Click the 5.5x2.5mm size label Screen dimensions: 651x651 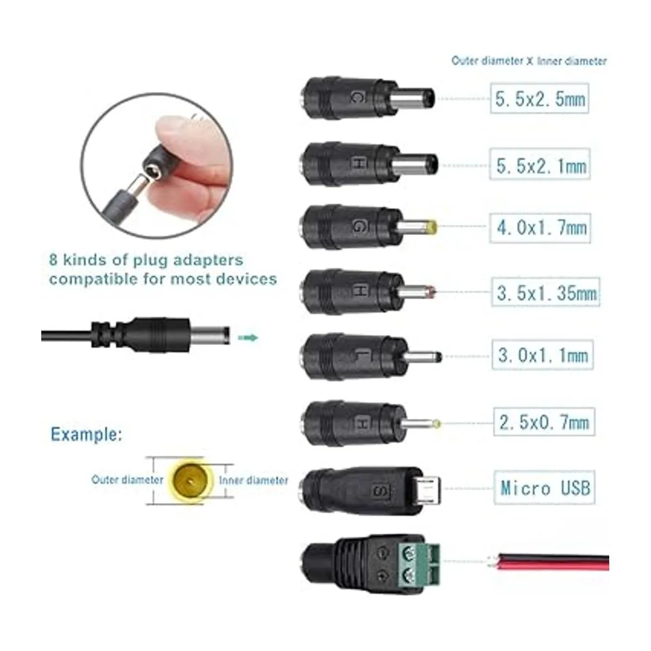tap(539, 98)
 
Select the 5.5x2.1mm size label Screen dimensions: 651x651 tap(540, 164)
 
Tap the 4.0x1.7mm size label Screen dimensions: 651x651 tap(540, 228)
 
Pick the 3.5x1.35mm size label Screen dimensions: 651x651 tap(546, 292)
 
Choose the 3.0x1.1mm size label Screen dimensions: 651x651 tap(542, 355)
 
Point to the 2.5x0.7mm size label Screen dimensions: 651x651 tap(544, 422)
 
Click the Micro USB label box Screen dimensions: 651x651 tap(544, 488)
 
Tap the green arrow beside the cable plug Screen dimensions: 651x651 tap(248, 337)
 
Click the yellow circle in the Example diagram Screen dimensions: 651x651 tap(192, 480)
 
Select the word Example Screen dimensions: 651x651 tap(86, 435)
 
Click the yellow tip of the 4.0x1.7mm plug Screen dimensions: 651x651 tap(431, 227)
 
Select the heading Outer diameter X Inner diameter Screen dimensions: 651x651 tap(529, 61)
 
